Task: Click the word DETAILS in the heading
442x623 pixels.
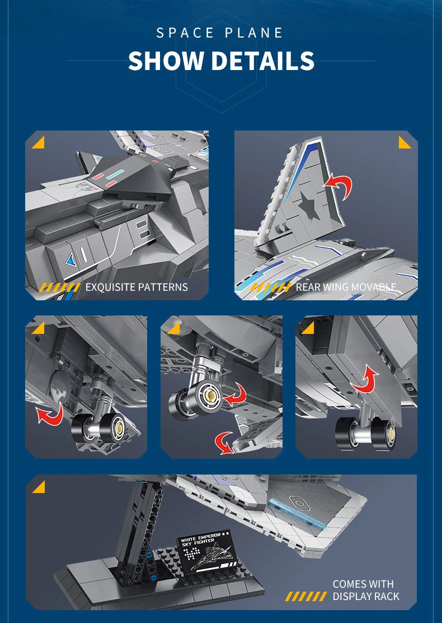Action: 262,61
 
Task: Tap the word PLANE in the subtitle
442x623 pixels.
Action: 254,32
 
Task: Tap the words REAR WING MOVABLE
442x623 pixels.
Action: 346,287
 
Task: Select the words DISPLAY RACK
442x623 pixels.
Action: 366,596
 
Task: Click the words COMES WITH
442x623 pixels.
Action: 363,584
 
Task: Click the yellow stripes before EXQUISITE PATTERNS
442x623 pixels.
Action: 60,287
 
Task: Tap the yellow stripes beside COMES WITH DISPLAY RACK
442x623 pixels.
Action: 306,596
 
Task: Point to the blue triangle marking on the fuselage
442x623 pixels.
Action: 72,261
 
